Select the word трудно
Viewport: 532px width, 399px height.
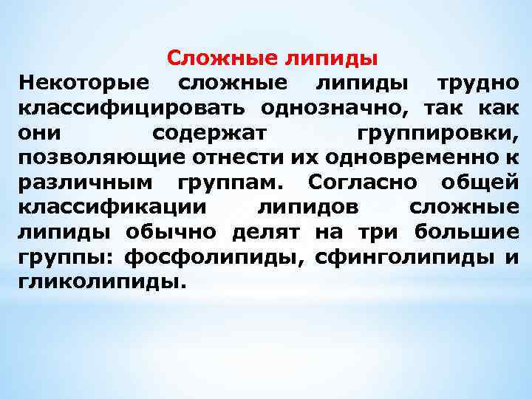tap(477, 83)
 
